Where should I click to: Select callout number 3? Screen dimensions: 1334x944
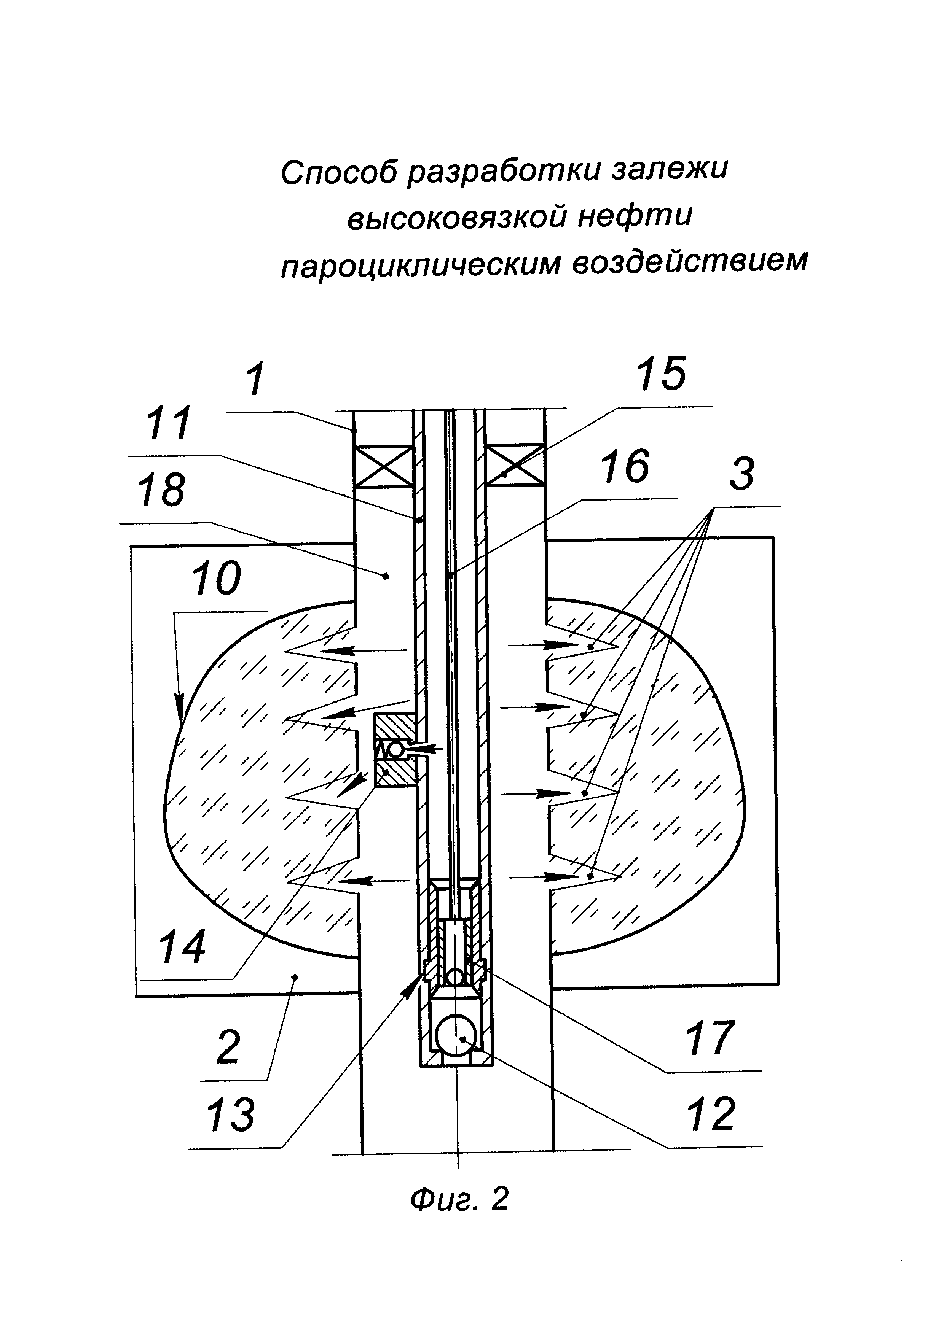pyautogui.click(x=742, y=474)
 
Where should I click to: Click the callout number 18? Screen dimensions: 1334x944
pyautogui.click(x=161, y=490)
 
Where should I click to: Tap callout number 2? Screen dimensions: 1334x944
pyautogui.click(x=228, y=1047)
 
